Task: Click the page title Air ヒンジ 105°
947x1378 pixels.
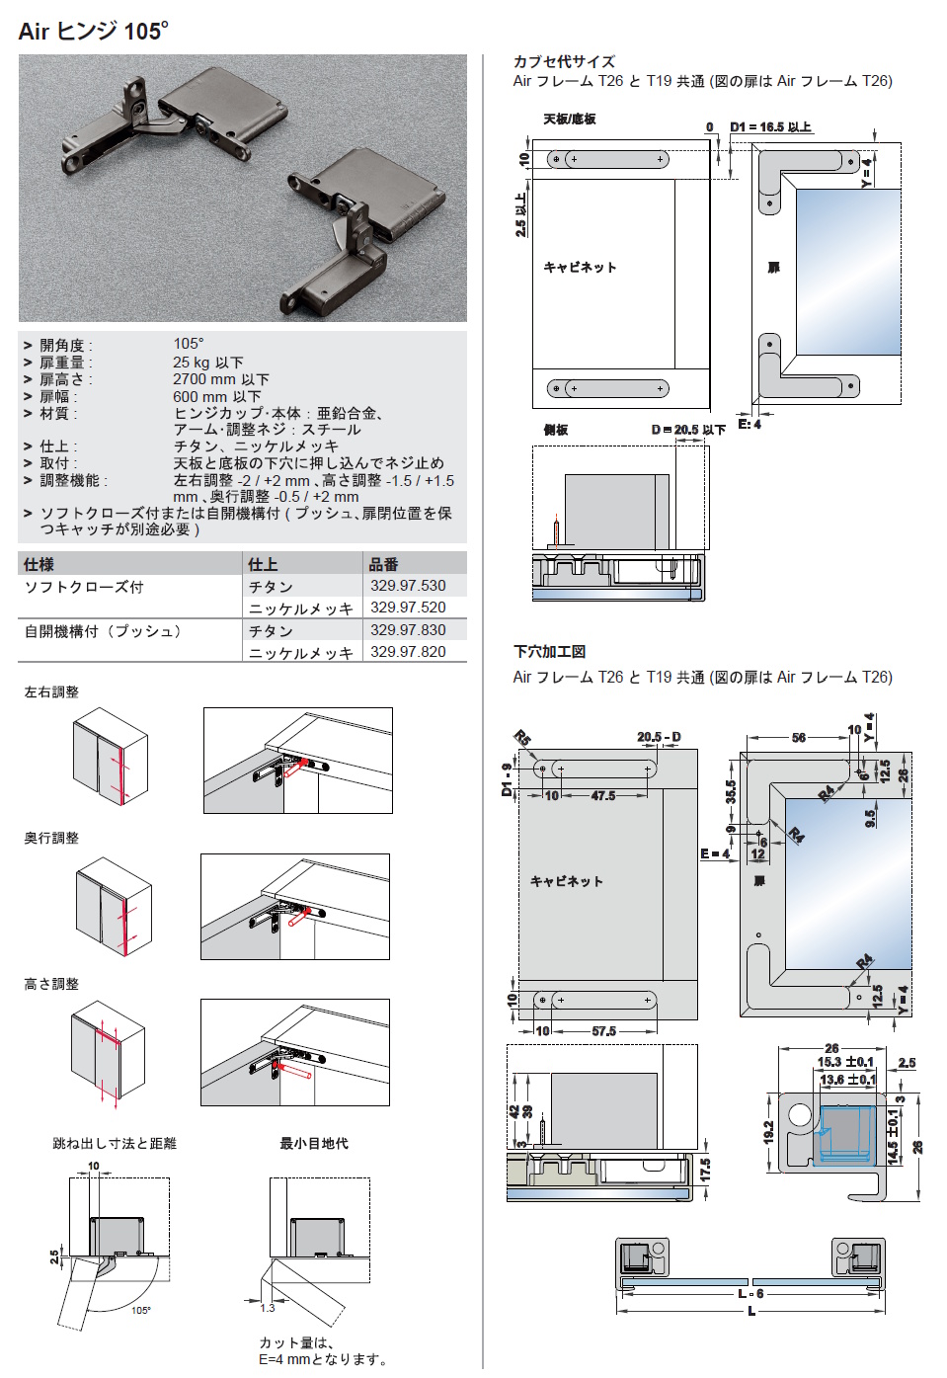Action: (x=93, y=32)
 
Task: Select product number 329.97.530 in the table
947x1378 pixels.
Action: (x=408, y=586)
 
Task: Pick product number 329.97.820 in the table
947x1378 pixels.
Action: (x=408, y=652)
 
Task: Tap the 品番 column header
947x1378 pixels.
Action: (x=383, y=564)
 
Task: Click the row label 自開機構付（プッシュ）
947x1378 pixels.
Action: (x=105, y=631)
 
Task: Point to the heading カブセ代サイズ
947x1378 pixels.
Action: (x=563, y=61)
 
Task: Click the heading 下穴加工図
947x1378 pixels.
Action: (x=549, y=651)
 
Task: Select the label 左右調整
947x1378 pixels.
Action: (x=51, y=692)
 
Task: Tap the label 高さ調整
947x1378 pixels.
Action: (x=51, y=984)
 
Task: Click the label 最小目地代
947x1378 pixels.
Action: (x=314, y=1143)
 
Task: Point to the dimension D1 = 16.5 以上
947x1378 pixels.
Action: (x=770, y=127)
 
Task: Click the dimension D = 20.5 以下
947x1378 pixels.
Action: (x=688, y=430)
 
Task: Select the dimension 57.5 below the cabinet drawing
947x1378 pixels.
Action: (x=603, y=1031)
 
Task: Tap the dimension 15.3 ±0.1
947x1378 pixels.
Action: (x=844, y=1062)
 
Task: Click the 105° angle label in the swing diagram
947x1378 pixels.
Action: (x=141, y=1311)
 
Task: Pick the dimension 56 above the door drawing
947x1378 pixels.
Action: (x=798, y=738)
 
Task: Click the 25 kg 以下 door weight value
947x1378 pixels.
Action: (x=208, y=363)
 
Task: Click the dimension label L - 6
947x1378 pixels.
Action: (x=750, y=1293)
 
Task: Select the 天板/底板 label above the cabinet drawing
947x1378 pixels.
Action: (x=570, y=120)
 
